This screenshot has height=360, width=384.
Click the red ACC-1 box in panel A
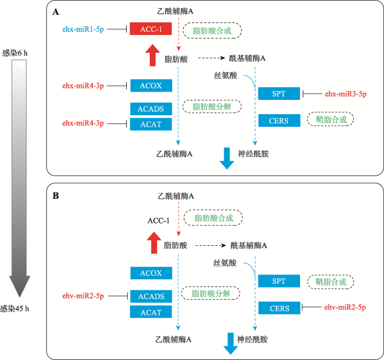[151, 29]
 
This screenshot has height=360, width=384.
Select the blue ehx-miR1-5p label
[83, 30]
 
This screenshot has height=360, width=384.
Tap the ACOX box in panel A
[151, 86]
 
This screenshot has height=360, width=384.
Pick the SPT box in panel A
[279, 94]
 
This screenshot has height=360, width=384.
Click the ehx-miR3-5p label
[346, 94]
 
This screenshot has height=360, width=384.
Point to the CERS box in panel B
[279, 308]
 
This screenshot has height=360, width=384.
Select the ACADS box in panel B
[151, 296]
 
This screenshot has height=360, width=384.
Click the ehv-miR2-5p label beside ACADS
[83, 296]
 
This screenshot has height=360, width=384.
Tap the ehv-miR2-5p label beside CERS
[345, 307]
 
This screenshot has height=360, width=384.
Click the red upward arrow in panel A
[153, 55]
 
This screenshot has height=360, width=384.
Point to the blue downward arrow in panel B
[231, 344]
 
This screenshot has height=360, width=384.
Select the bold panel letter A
[55, 12]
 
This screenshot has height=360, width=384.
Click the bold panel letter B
[56, 195]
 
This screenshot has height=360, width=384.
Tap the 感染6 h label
[15, 53]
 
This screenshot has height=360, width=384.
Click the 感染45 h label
[14, 308]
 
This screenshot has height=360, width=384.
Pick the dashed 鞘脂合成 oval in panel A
[330, 119]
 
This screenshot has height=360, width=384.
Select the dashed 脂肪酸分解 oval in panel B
[211, 293]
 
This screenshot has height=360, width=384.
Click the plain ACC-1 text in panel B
[159, 221]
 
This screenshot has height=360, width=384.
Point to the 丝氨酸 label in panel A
[225, 76]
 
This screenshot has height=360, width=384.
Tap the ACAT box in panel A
[151, 124]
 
